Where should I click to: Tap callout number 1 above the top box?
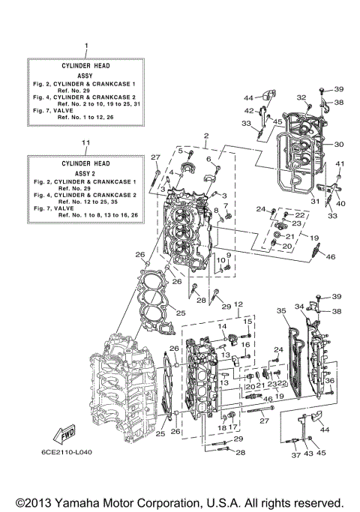[86, 47]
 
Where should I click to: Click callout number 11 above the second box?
[86, 142]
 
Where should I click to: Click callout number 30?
[339, 144]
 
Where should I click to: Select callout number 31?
[315, 200]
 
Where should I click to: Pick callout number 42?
[249, 111]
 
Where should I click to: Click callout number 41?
[339, 164]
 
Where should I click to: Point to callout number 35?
[281, 310]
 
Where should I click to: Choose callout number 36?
[328, 381]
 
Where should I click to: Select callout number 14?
[223, 327]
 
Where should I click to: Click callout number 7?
[226, 205]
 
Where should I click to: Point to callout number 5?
[180, 151]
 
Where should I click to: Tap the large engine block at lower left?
[120, 390]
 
